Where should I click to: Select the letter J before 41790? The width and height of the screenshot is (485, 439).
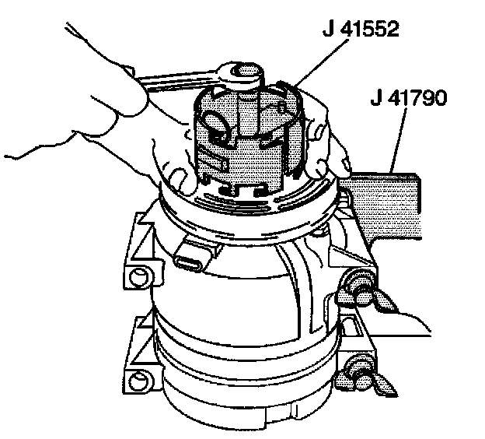[378, 98]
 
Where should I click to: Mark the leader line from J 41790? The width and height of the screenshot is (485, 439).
[398, 140]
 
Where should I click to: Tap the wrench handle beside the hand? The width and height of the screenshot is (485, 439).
[180, 79]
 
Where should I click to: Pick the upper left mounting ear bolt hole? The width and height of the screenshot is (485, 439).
[138, 276]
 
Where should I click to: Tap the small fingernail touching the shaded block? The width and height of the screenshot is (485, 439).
[346, 164]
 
